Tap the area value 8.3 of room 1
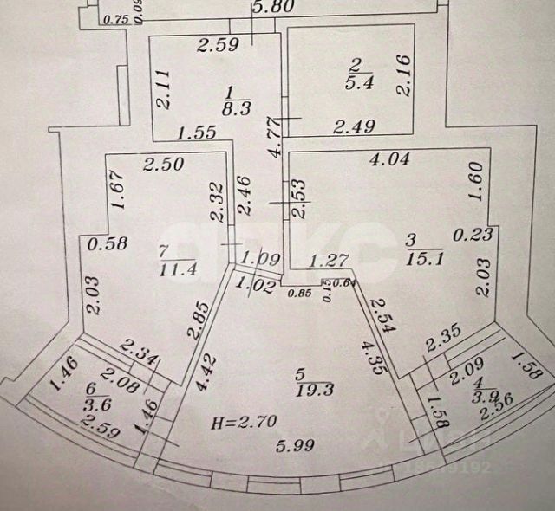click(231, 109)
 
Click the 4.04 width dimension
click(389, 159)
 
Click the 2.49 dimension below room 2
click(356, 127)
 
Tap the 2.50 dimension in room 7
click(162, 164)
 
